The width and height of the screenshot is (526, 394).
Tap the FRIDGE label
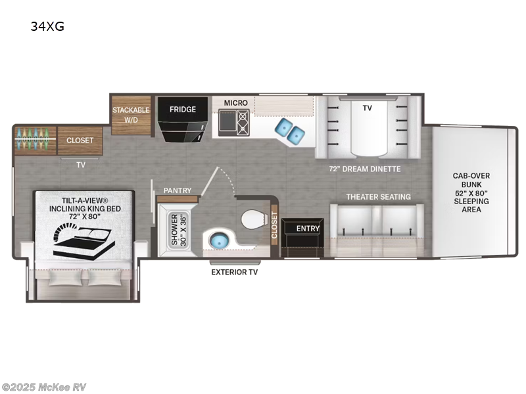[182, 109]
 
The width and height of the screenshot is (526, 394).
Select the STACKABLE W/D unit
[130, 115]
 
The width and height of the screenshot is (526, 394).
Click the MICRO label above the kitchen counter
[235, 103]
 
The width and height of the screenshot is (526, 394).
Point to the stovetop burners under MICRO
[243, 121]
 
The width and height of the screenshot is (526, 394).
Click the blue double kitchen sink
[290, 131]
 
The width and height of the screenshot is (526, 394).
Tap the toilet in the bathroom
[253, 219]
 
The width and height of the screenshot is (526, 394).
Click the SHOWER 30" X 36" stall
[177, 229]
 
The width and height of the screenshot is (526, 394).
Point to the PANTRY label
[178, 191]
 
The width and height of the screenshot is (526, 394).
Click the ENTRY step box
[308, 229]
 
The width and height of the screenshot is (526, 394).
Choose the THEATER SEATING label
[378, 196]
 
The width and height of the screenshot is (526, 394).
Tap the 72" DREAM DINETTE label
[365, 169]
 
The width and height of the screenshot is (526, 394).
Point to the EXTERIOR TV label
[235, 271]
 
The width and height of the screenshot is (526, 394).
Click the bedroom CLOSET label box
[80, 140]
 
